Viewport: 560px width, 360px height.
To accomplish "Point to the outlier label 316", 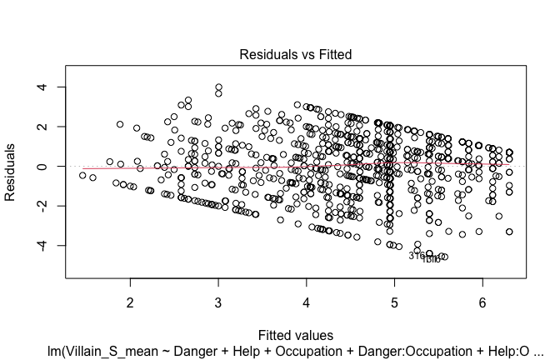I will (x=417, y=256).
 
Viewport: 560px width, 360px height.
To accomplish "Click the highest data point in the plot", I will (x=218, y=87).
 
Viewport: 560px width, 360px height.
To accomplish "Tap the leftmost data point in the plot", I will (x=82, y=175).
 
